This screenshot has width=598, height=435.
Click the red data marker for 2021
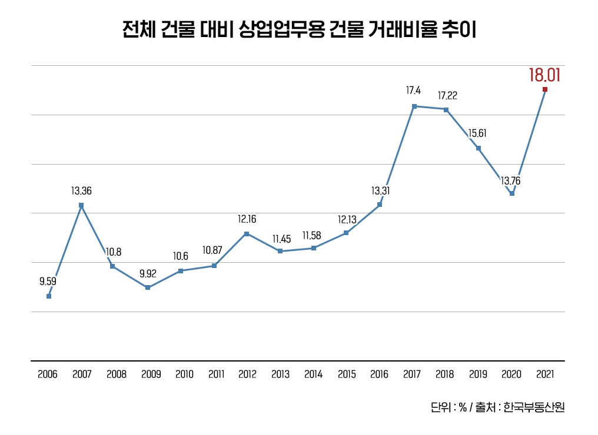coord(545,89)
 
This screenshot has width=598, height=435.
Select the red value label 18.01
coord(544,75)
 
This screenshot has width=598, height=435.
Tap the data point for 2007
coord(81,205)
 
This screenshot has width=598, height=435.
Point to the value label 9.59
coord(48,282)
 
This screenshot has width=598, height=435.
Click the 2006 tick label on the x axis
coord(48,374)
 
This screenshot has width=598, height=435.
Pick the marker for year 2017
coord(414,106)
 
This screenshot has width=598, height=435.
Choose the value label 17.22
coord(447,95)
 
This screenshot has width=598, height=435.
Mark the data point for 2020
coord(512,193)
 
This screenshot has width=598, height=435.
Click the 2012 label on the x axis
coord(247,374)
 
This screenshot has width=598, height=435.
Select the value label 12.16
coord(247,219)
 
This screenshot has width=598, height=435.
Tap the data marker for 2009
coord(148,287)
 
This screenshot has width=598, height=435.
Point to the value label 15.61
coord(477,134)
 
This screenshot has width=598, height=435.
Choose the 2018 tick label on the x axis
coord(446,374)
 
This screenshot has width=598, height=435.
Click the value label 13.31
coord(380,191)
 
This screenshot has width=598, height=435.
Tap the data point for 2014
coord(314,248)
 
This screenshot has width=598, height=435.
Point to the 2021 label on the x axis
coord(545,374)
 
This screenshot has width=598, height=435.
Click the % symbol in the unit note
coord(463,407)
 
